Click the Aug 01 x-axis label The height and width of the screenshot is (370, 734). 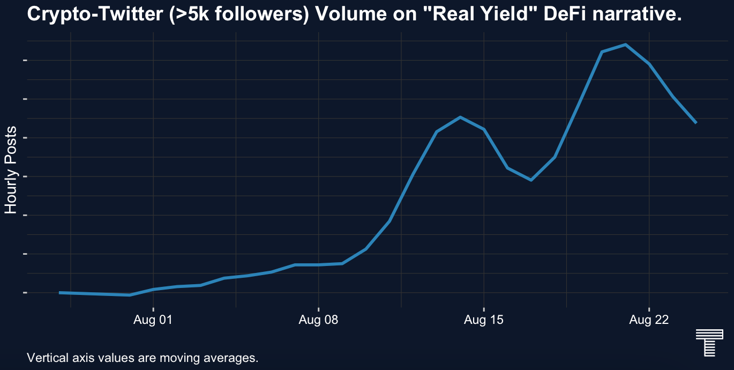coord(153,321)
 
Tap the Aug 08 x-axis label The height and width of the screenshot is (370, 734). coord(319,321)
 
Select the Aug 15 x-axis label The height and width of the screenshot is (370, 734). coord(484,321)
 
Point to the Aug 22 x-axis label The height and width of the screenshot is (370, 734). coord(649,321)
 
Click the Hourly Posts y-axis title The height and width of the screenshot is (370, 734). coord(11,170)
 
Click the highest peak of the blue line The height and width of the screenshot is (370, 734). coord(625,45)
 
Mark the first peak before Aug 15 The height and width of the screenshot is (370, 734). coord(460,117)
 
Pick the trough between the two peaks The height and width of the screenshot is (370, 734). coord(531,180)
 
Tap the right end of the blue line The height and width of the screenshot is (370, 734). coord(696,123)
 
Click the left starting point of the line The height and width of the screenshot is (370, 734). coord(59,293)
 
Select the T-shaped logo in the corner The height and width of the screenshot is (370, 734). coord(706,342)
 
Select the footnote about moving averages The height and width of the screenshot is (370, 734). coord(143,357)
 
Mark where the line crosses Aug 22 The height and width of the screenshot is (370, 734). coord(649,64)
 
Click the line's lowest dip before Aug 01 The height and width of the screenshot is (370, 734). coord(130,295)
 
